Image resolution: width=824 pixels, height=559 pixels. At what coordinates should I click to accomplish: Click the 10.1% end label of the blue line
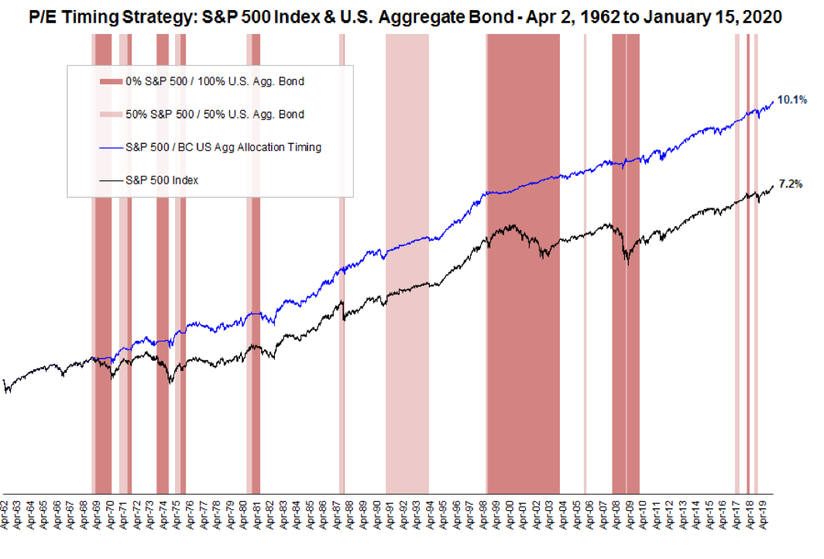pyautogui.click(x=793, y=99)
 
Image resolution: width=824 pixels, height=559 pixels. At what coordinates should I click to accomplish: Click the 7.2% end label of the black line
pyautogui.click(x=791, y=184)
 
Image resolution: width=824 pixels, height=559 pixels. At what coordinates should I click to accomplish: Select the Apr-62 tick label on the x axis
pyautogui.click(x=6, y=515)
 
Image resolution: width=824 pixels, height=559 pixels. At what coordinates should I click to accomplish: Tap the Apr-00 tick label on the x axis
pyautogui.click(x=510, y=515)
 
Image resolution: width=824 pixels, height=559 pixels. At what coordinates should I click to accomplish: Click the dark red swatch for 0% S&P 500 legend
pyautogui.click(x=111, y=81)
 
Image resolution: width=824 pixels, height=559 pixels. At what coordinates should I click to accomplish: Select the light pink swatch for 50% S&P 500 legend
pyautogui.click(x=111, y=115)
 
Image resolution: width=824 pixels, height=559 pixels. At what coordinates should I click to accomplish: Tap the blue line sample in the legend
pyautogui.click(x=111, y=147)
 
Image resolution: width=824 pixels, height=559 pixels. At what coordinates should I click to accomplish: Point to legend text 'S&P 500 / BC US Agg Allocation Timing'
pyautogui.click(x=223, y=147)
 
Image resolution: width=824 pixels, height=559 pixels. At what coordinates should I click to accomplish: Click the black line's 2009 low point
pyautogui.click(x=627, y=265)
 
